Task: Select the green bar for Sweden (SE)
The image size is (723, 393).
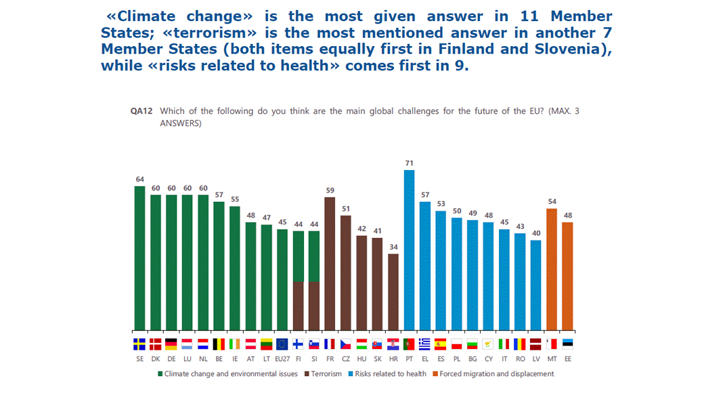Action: click(140, 257)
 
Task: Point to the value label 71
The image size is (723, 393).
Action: click(409, 163)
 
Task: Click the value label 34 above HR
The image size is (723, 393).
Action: click(393, 247)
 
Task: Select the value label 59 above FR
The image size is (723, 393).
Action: click(330, 190)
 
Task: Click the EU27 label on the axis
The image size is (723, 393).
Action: click(282, 359)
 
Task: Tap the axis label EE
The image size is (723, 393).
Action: click(567, 359)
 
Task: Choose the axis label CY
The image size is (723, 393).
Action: click(488, 359)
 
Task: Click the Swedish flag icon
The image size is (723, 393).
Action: click(140, 344)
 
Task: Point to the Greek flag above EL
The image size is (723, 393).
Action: click(424, 344)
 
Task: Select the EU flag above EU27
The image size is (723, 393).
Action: click(282, 344)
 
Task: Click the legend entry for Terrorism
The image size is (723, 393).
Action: click(323, 373)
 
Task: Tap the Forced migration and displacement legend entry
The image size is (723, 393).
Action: click(496, 373)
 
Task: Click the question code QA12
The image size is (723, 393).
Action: click(141, 112)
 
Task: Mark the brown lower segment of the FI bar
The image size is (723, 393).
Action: click(298, 305)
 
